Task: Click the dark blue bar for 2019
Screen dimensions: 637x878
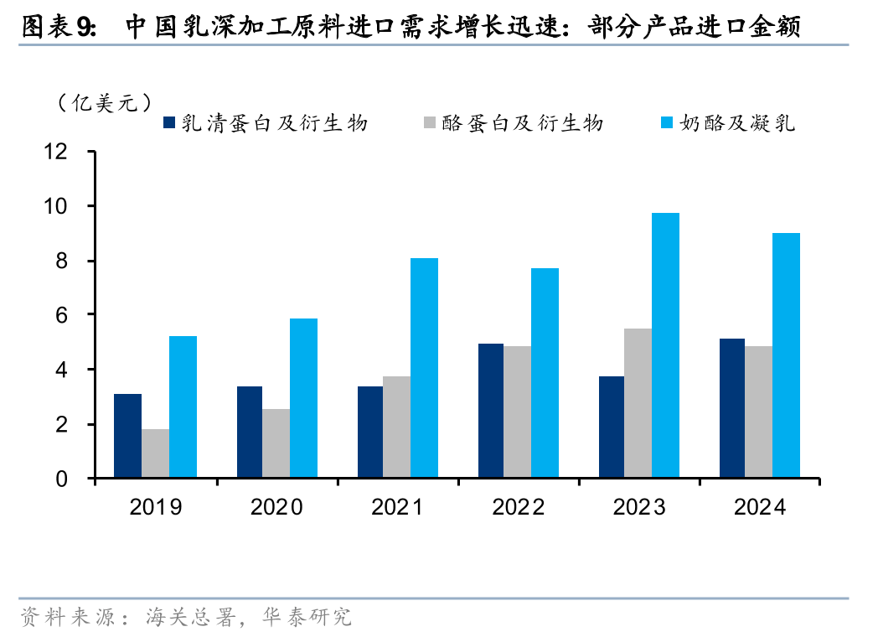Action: (127, 436)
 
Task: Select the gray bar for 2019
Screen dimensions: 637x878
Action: (155, 453)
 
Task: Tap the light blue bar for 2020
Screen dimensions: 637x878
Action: (303, 398)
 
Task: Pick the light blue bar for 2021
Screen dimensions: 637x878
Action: (424, 368)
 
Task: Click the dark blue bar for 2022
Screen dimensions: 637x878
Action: (490, 411)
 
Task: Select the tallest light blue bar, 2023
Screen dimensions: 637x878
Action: (666, 345)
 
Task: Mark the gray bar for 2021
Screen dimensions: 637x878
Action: (396, 427)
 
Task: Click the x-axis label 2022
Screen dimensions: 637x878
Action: (519, 507)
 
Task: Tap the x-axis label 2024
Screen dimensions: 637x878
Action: (760, 507)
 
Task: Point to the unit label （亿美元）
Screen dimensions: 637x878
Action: (106, 103)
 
